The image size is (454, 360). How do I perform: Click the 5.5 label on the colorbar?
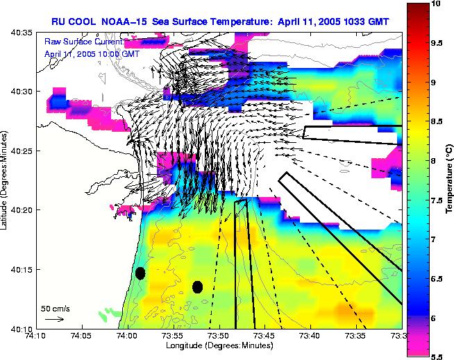point(437,356)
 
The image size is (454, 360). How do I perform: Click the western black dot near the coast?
point(140,273)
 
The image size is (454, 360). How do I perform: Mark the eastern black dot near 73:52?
point(197,286)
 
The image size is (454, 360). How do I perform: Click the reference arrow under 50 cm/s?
point(54,319)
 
